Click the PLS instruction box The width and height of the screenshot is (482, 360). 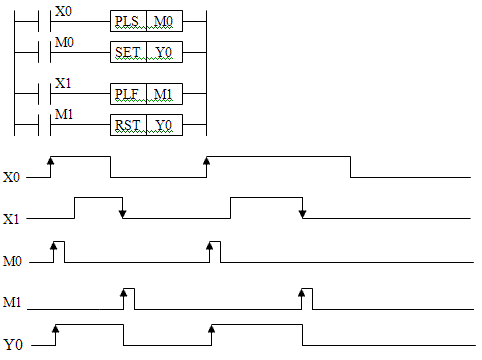(x=128, y=21)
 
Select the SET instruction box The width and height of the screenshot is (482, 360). (x=128, y=52)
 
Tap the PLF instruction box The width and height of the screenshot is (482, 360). (x=128, y=94)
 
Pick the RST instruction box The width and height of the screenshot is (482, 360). (x=128, y=125)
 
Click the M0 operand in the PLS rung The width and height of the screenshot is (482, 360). (x=163, y=21)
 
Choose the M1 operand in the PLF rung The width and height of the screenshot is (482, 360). (x=163, y=94)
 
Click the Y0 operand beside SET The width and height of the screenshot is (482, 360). (x=164, y=52)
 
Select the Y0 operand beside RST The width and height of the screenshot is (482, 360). (x=164, y=125)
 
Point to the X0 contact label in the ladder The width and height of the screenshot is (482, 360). (x=63, y=11)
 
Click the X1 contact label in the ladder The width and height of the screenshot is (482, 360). (x=63, y=83)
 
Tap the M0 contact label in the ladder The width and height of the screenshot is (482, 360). (x=64, y=42)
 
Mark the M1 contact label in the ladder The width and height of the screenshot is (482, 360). (x=64, y=114)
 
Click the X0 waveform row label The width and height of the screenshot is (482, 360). (x=12, y=177)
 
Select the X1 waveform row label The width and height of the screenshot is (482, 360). (x=11, y=219)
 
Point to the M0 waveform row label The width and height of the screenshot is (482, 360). (x=12, y=261)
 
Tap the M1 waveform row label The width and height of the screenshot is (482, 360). (x=12, y=302)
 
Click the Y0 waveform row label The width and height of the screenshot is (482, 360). (x=13, y=344)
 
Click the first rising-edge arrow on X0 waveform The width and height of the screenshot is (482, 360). (x=50, y=166)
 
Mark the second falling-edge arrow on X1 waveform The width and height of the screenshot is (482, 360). (x=302, y=208)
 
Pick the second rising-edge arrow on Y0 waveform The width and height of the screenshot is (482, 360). (x=211, y=334)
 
